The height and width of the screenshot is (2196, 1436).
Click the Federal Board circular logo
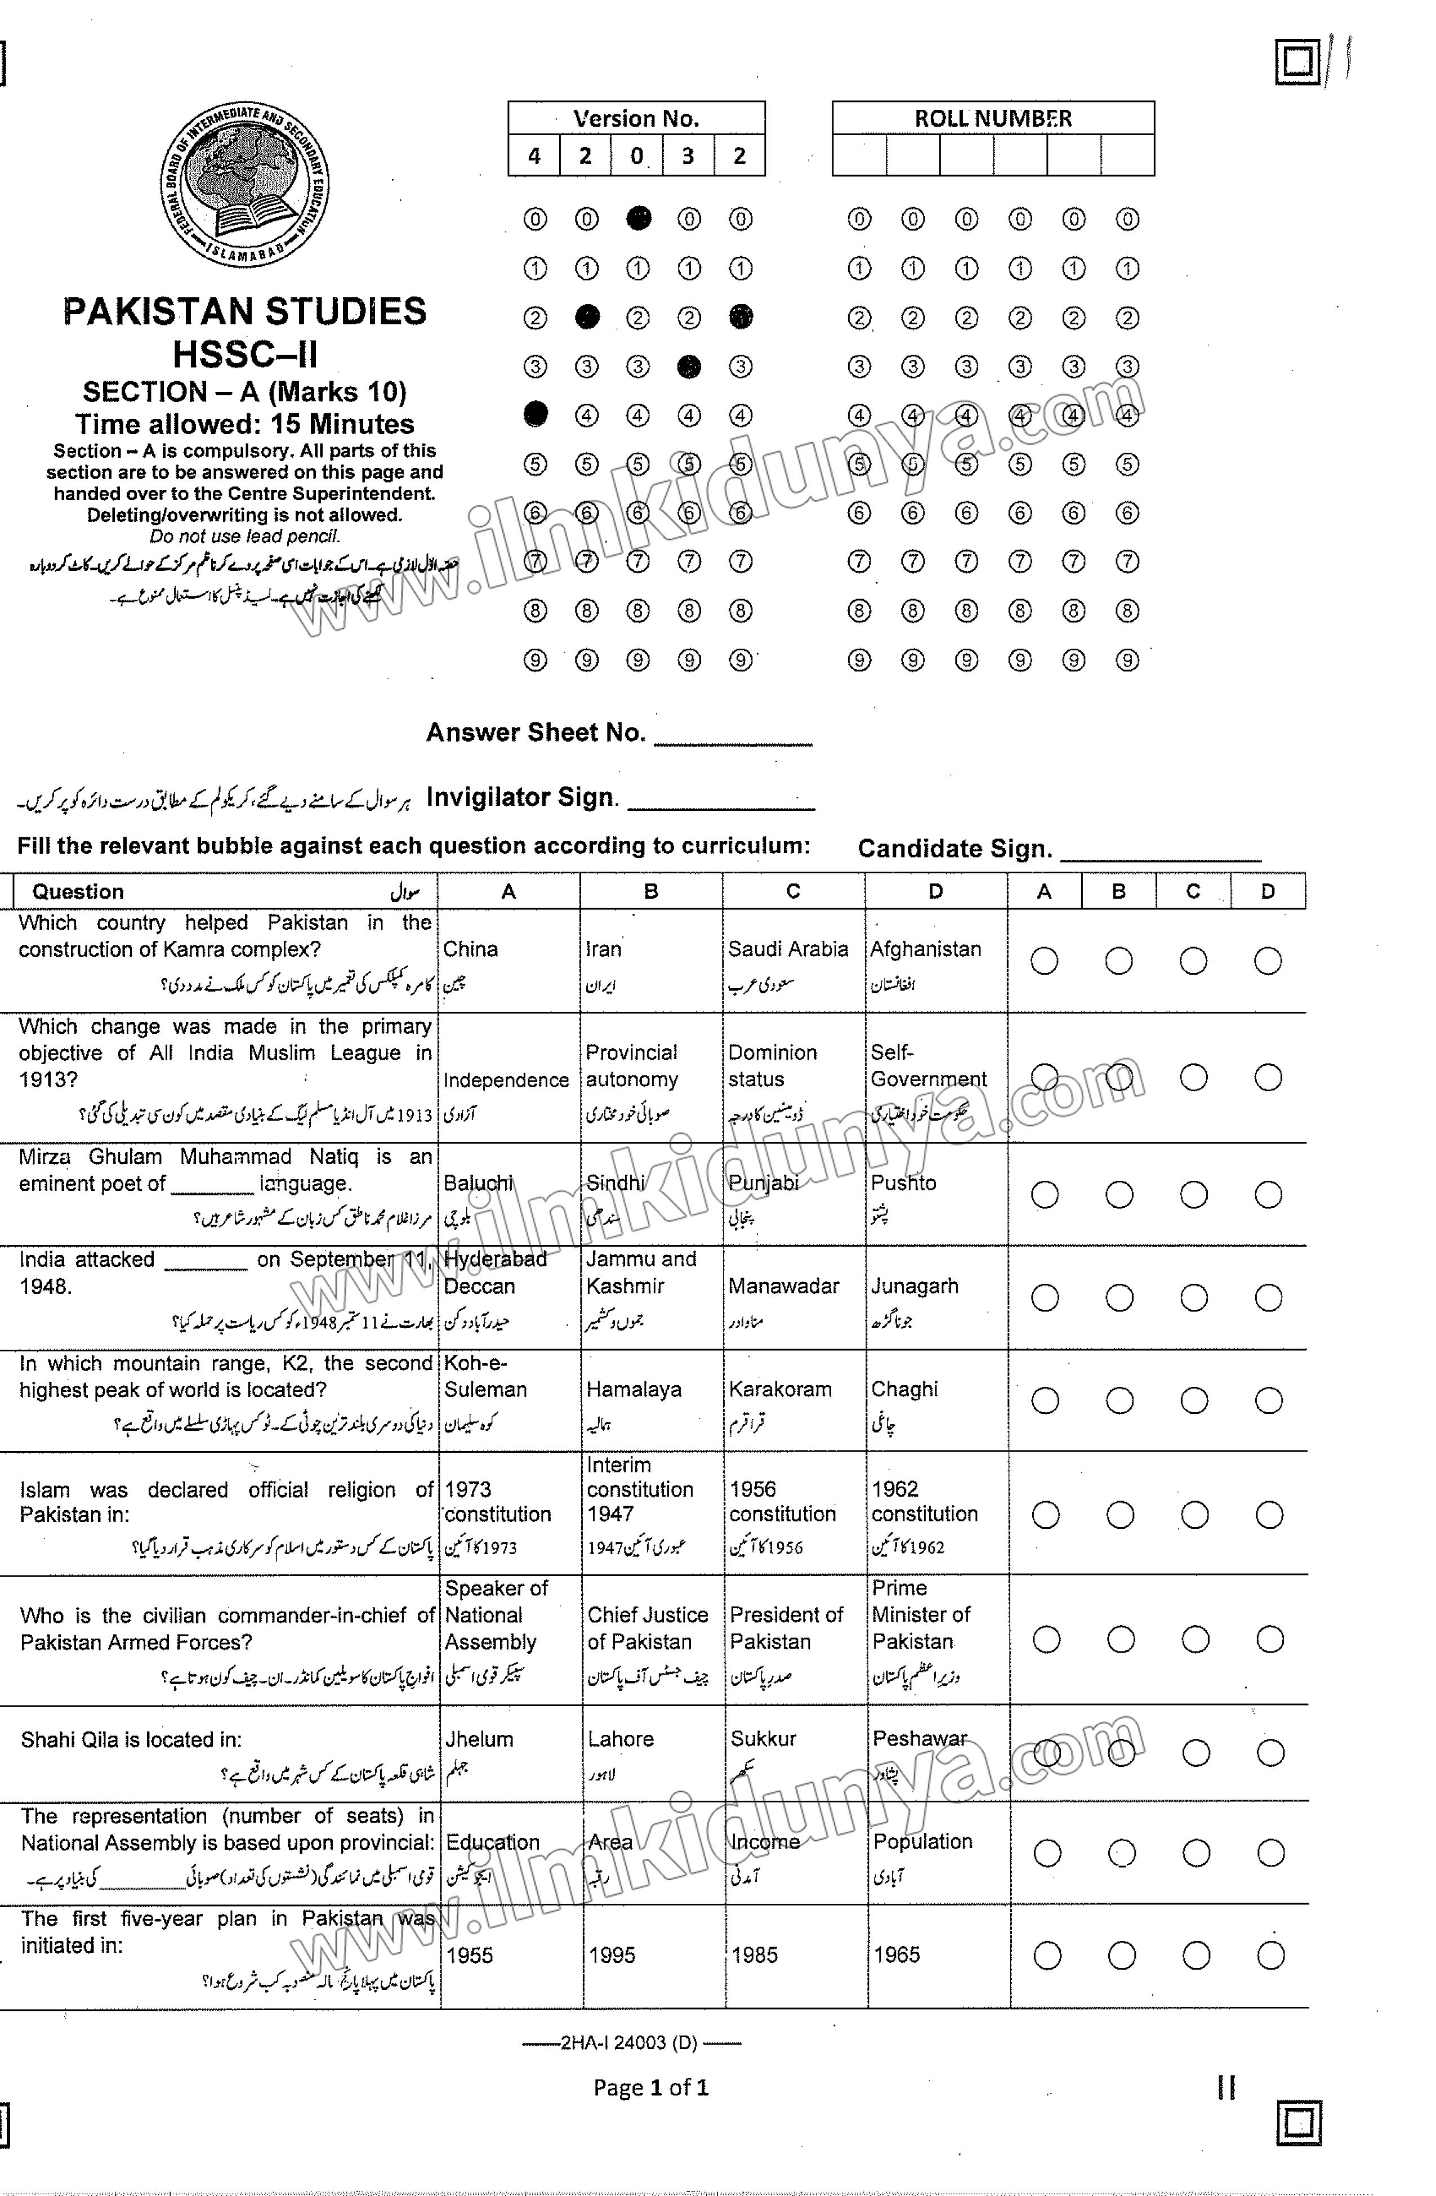(244, 185)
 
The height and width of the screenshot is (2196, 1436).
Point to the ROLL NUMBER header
(993, 119)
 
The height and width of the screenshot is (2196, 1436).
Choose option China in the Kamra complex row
(471, 949)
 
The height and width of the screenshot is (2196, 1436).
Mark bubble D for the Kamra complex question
(1267, 961)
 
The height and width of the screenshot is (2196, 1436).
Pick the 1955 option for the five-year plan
(470, 1955)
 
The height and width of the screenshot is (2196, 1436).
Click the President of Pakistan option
(786, 1628)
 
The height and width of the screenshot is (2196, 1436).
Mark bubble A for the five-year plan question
(1046, 1955)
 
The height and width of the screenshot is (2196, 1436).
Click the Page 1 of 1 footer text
(650, 2087)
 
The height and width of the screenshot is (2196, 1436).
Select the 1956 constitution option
(783, 1501)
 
